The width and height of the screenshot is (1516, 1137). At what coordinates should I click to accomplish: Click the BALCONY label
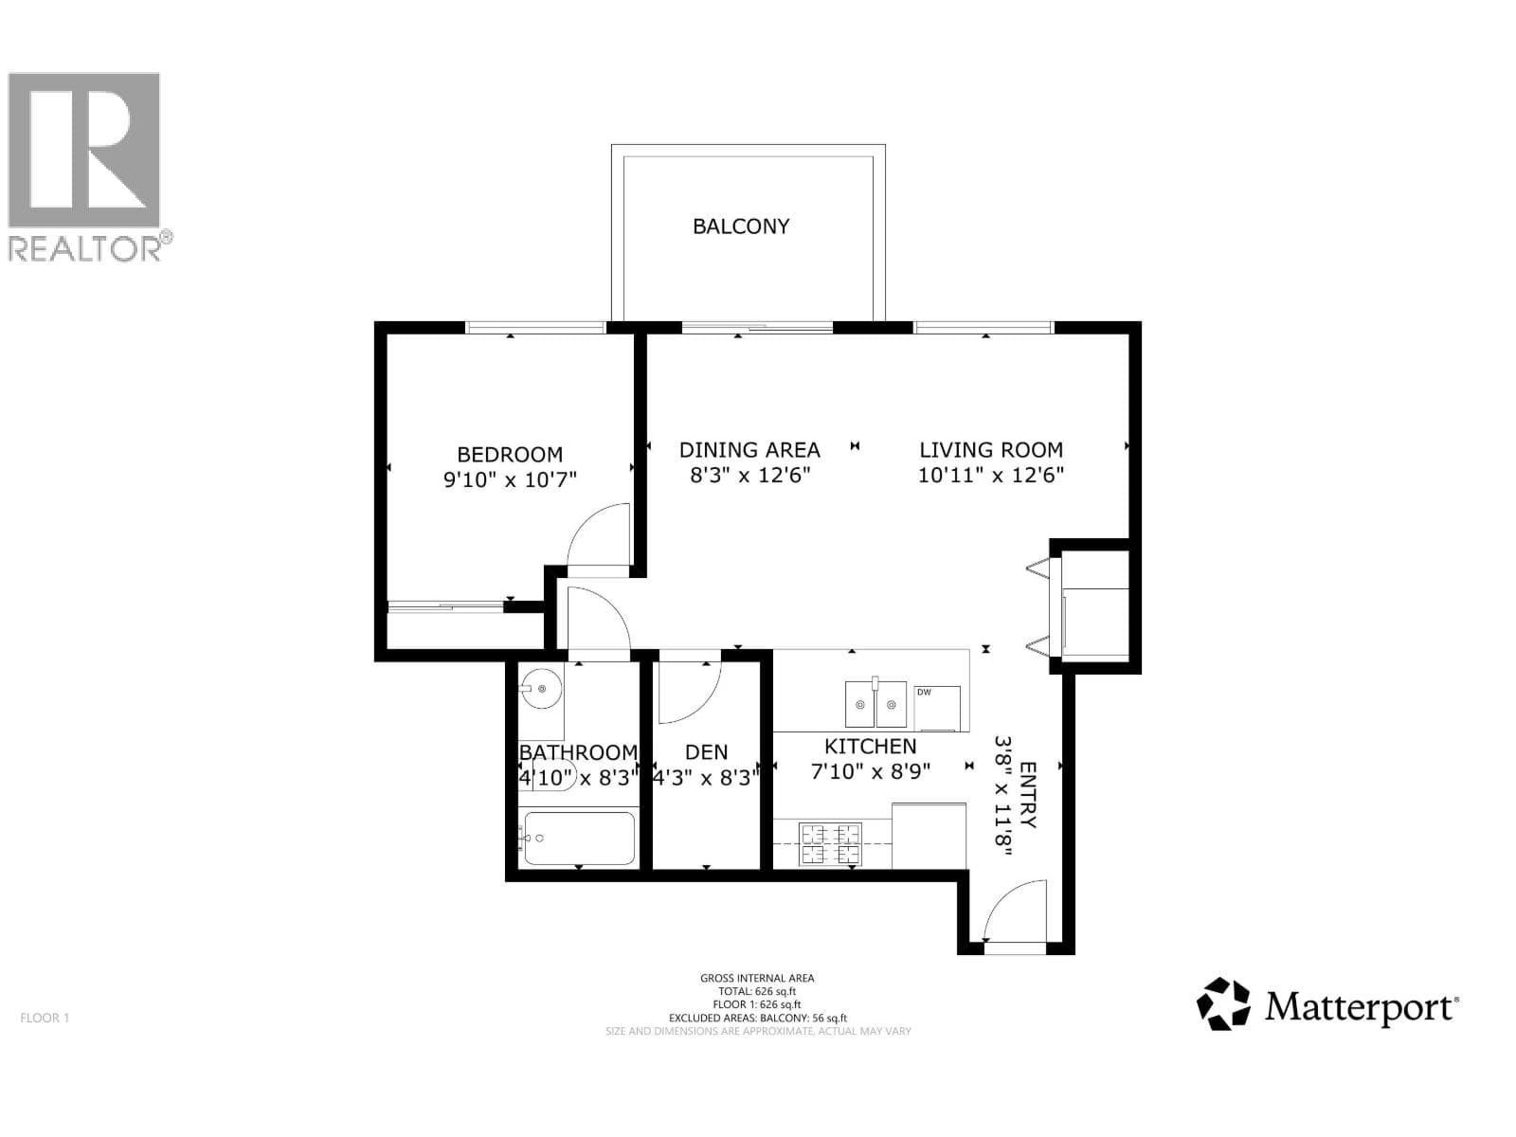(x=740, y=226)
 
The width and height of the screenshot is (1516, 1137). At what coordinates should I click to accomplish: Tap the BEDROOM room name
(x=510, y=454)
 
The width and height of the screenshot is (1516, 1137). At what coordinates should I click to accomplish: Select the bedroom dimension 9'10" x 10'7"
(x=510, y=479)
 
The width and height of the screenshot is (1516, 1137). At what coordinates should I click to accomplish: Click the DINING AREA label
(x=749, y=450)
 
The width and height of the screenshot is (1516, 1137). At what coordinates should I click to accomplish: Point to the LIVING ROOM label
(x=991, y=450)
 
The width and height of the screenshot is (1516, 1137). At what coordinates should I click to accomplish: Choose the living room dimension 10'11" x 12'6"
(x=991, y=475)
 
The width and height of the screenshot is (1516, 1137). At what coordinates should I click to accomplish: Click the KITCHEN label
(x=870, y=747)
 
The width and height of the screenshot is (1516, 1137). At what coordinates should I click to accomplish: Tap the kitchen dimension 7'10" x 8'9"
(x=870, y=771)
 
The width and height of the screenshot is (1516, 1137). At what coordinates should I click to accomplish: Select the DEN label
(x=706, y=751)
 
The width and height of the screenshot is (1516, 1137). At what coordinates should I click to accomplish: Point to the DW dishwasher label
(x=924, y=692)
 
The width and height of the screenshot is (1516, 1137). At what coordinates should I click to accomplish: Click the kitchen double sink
(x=875, y=703)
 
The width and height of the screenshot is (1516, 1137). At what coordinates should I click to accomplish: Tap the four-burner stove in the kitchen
(x=831, y=843)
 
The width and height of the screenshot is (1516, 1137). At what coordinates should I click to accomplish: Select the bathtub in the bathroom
(x=580, y=839)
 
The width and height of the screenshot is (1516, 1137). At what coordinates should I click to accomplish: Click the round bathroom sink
(x=541, y=688)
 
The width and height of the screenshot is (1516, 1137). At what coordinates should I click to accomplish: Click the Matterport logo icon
(x=1223, y=1003)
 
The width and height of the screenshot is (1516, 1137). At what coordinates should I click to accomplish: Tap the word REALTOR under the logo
(x=84, y=250)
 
